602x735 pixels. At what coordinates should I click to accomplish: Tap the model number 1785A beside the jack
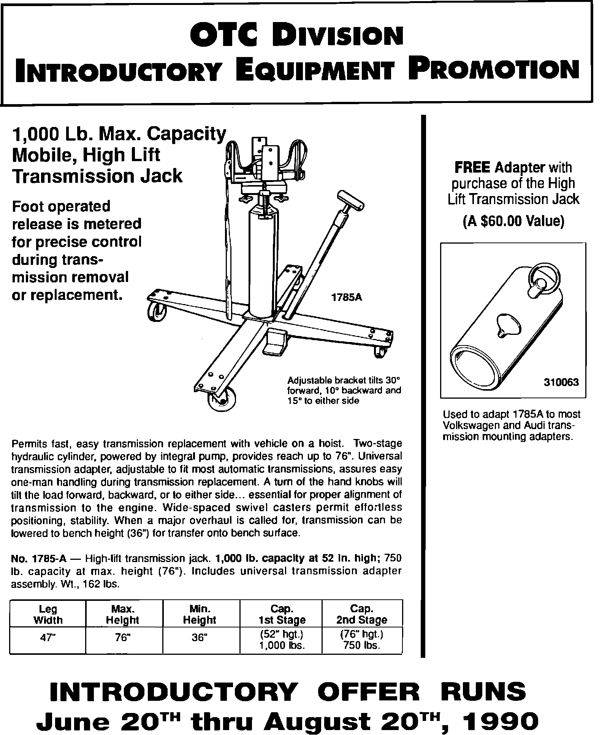[x=347, y=298]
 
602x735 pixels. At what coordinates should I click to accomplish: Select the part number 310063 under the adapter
[x=561, y=382]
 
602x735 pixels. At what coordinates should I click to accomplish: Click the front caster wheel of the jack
[x=221, y=399]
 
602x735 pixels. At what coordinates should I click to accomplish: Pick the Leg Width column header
[x=48, y=615]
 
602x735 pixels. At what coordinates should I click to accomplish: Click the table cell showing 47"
[x=48, y=638]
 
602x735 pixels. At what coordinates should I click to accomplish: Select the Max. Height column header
[x=123, y=615]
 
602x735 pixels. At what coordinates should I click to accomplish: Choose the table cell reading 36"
[x=200, y=638]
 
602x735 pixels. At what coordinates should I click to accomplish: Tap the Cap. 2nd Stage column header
[x=361, y=615]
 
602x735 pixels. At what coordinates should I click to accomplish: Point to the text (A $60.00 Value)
[x=513, y=221]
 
